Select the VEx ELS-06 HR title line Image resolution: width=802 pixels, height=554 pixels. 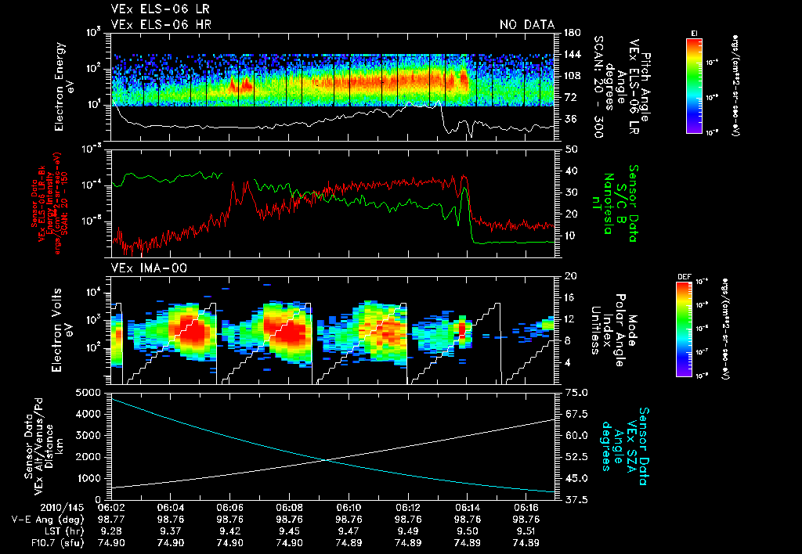161,25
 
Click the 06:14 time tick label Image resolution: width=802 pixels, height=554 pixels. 467,507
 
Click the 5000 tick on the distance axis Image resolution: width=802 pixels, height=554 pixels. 92,392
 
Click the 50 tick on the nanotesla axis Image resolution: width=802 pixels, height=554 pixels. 569,149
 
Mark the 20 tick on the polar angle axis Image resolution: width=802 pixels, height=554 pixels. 569,276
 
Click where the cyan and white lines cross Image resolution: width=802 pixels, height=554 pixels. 327,460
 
